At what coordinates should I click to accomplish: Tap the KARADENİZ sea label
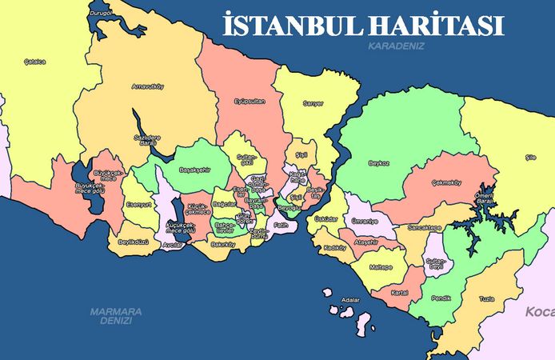(396, 46)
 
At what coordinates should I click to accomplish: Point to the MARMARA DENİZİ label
(116, 314)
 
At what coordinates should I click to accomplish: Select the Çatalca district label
(34, 62)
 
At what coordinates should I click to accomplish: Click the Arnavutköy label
(148, 86)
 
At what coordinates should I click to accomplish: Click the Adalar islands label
(350, 300)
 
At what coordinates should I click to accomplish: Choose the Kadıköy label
(333, 248)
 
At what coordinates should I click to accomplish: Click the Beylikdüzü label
(134, 242)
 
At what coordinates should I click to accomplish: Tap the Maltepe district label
(381, 267)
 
